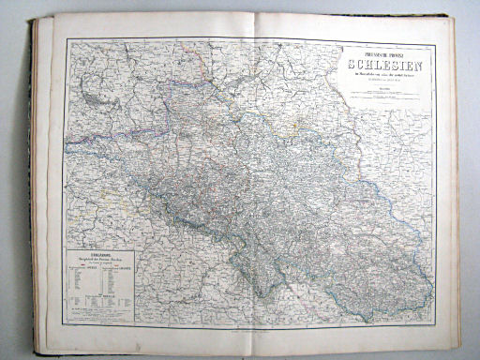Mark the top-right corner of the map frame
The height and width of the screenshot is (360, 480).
coord(433,38)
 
